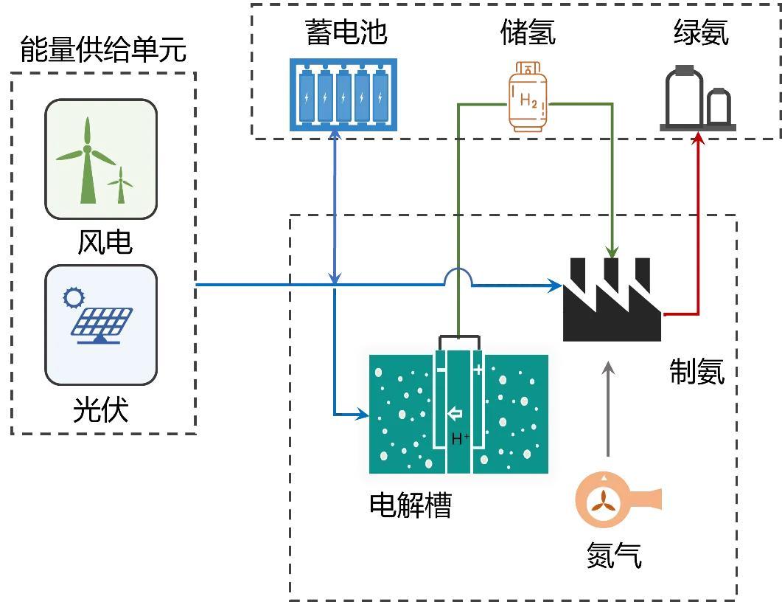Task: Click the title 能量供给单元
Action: [x=103, y=50]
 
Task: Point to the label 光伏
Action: [x=101, y=409]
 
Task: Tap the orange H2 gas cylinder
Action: [x=528, y=98]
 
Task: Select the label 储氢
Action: [x=528, y=32]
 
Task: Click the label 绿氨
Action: [x=701, y=32]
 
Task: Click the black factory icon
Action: [x=611, y=299]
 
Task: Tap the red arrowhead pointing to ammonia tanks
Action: [x=698, y=139]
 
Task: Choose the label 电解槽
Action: [x=410, y=505]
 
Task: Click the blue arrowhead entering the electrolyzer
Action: [x=363, y=415]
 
